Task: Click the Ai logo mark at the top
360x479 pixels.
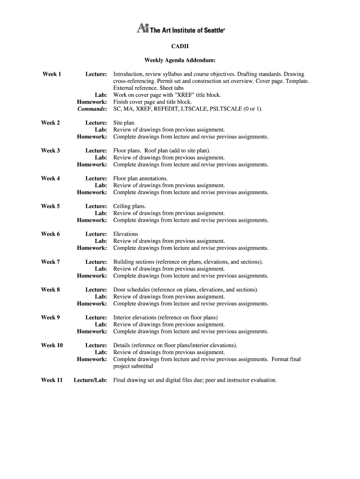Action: (x=142, y=28)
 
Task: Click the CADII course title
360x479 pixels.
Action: (x=180, y=46)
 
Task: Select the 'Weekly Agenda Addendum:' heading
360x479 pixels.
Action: (x=180, y=60)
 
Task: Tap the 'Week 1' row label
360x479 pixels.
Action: (x=51, y=74)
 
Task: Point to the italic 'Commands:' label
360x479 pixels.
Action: (x=92, y=109)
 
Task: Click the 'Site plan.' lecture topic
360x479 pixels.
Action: (x=124, y=123)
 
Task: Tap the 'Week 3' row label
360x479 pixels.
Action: (x=50, y=151)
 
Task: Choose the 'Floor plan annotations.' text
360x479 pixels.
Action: (x=140, y=178)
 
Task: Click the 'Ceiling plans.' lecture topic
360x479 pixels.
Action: (x=130, y=206)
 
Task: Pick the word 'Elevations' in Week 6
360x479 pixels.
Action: (x=126, y=234)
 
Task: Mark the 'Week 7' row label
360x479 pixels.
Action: (x=50, y=262)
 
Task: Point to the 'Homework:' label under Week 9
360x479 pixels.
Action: (x=92, y=332)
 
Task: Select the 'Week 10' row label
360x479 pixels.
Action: (x=52, y=345)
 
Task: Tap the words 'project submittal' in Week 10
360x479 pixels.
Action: (x=133, y=366)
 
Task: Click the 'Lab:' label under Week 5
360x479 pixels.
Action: (x=101, y=213)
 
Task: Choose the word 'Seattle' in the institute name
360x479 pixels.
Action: (x=212, y=30)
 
